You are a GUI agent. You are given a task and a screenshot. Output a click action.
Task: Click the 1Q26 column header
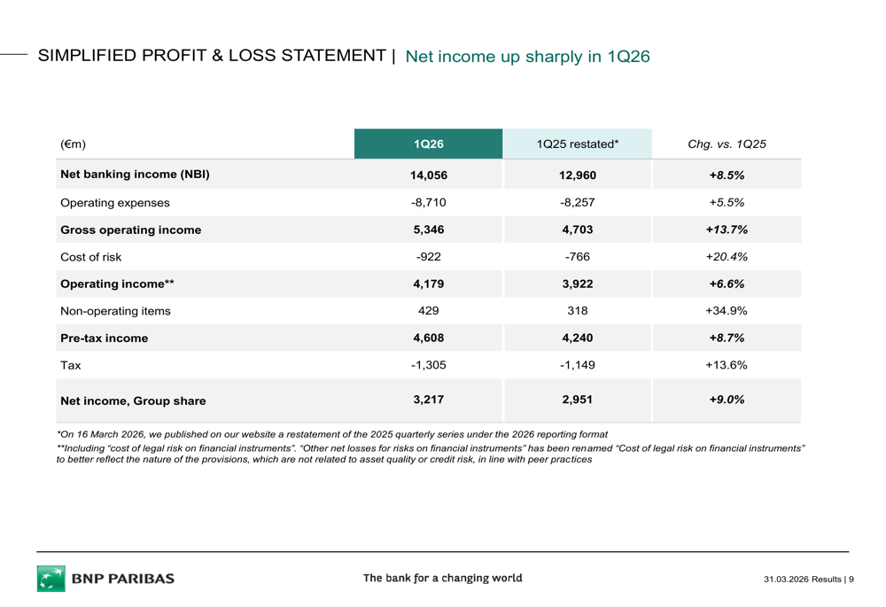(428, 144)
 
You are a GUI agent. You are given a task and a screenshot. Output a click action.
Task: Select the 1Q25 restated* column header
(577, 144)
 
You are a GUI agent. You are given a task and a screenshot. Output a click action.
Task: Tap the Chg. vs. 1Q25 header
(727, 144)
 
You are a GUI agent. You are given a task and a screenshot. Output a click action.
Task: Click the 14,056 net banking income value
(428, 175)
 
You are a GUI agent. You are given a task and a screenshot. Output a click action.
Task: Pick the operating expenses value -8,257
(577, 203)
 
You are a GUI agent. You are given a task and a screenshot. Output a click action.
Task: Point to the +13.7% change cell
(727, 230)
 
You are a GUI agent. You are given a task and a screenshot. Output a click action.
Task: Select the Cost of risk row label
(90, 258)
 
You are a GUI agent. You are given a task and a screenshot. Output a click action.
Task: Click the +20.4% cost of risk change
(727, 258)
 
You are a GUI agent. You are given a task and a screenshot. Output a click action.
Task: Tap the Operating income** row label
(117, 284)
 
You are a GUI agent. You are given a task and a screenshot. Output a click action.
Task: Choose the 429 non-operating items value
(428, 311)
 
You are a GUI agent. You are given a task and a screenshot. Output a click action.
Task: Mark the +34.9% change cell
(727, 311)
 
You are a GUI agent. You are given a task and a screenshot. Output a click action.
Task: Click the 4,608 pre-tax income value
(428, 339)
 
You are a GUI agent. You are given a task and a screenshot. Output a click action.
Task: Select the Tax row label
(70, 365)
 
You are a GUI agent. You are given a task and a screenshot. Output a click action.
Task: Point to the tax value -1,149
(577, 365)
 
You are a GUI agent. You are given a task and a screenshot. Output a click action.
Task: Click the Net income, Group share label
(133, 401)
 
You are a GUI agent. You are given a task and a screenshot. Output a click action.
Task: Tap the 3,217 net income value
(428, 400)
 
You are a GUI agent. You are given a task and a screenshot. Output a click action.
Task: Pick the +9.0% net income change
(727, 400)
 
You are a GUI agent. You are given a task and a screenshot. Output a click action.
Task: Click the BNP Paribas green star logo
(51, 579)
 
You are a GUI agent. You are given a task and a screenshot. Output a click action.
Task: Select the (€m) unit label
(73, 144)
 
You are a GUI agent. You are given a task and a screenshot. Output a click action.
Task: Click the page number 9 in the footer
(851, 580)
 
